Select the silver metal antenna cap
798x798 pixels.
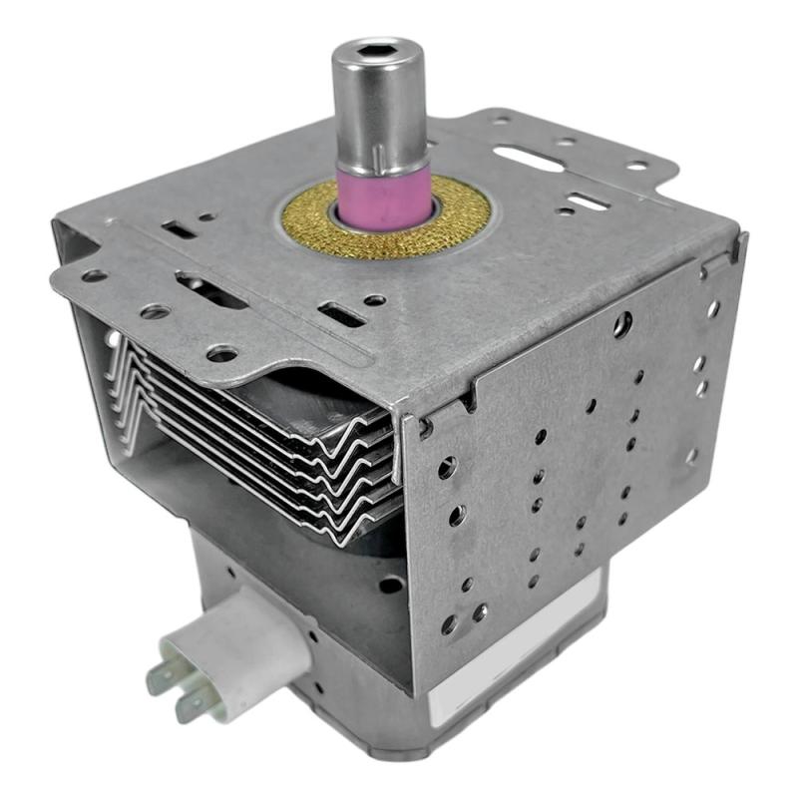[381, 100]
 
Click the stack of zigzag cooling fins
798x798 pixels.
[269, 429]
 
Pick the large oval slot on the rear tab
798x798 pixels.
[529, 158]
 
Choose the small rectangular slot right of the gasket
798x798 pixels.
[590, 201]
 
